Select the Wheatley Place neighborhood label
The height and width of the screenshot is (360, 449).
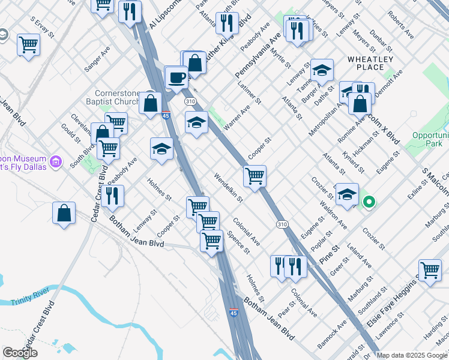(370, 63)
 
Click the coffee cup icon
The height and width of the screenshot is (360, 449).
(177, 77)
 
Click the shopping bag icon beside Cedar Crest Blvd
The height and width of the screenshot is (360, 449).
(64, 214)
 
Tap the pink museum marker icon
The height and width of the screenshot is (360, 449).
(56, 161)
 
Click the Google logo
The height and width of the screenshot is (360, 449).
(20, 353)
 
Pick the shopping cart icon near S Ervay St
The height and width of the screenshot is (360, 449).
(28, 45)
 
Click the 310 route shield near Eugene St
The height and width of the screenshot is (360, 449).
(282, 224)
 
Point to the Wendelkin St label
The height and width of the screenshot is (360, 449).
(229, 188)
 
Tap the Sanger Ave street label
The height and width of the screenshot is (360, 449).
(97, 60)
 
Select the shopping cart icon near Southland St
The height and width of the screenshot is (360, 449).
(430, 270)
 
